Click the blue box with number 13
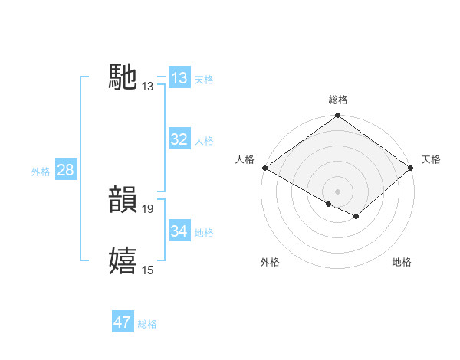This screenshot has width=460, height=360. point(179,77)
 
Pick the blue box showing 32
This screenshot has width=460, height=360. point(179,139)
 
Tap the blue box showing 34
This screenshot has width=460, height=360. point(179,231)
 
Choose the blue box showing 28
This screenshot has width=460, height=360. point(65,170)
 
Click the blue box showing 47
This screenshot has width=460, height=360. point(123,322)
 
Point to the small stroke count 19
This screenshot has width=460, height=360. point(148,208)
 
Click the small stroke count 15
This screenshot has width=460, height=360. point(148,270)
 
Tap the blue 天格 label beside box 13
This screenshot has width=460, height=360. point(204,79)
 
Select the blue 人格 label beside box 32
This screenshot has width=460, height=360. point(204,141)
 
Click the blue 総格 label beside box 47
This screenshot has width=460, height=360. point(147,324)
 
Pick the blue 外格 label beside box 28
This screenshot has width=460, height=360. point(41,172)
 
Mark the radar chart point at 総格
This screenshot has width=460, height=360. point(337,116)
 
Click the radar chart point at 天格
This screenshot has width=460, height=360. point(412,169)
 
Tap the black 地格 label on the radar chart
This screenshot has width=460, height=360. point(402,262)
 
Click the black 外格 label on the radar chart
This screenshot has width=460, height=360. point(270,262)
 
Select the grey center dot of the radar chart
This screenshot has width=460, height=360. point(337,191)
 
